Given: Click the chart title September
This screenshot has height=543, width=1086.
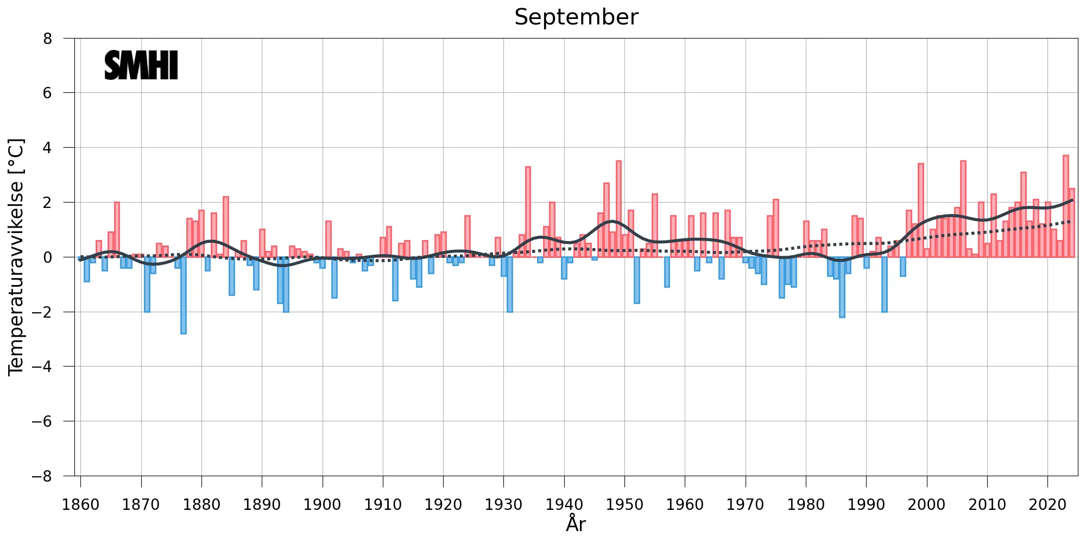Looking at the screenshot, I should click(x=576, y=17).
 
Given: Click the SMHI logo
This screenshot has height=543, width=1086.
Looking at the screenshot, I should click(x=141, y=66).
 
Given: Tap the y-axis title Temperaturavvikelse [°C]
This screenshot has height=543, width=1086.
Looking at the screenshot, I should click(x=16, y=257).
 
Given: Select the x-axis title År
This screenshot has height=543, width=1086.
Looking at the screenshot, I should click(x=576, y=524).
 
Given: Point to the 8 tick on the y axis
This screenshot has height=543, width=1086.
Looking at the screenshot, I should click(x=48, y=39).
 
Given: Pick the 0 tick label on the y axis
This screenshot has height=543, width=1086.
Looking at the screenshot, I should click(x=48, y=257).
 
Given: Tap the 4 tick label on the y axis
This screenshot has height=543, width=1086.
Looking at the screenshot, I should click(x=48, y=148).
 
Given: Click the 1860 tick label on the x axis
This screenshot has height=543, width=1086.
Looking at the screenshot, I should click(x=81, y=504).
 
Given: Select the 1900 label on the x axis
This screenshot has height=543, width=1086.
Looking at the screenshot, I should click(x=323, y=504).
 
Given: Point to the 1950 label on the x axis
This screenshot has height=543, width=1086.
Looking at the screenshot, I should click(x=624, y=504).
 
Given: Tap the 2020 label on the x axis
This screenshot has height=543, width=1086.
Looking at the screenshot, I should click(x=1047, y=504).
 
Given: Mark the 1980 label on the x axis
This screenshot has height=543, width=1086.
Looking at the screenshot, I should click(x=806, y=504).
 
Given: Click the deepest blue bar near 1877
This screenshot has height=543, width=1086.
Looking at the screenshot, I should click(x=184, y=296).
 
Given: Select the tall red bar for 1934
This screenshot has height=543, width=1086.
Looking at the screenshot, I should click(x=528, y=212).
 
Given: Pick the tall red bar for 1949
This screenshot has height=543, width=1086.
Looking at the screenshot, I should click(x=618, y=209).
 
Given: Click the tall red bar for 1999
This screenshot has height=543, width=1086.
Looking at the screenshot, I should click(x=921, y=211).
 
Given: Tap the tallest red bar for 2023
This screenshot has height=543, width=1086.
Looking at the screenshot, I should click(x=1066, y=206).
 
